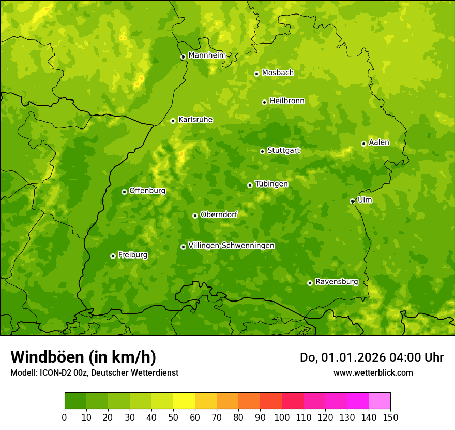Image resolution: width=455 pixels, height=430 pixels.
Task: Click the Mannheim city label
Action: [x=207, y=55]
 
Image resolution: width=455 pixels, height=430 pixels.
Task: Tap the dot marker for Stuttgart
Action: [x=262, y=151]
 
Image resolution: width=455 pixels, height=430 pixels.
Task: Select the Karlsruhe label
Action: [x=195, y=120]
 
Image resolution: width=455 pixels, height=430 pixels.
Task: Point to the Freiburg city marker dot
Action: [x=113, y=256]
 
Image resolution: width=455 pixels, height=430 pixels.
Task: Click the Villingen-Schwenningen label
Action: [x=231, y=246]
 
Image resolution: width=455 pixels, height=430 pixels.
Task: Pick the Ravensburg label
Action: [x=337, y=282]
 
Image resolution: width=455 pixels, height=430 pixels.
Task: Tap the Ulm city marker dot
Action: [x=352, y=201]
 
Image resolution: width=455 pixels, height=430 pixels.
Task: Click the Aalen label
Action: [x=379, y=142]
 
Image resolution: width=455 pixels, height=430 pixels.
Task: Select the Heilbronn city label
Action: [x=287, y=101]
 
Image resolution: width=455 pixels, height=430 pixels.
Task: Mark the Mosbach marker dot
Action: [x=256, y=74]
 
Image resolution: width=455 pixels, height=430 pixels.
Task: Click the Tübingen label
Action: [x=271, y=184]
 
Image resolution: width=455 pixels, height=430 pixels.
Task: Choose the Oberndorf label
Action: [x=219, y=214]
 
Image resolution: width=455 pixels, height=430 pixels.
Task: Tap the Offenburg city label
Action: [x=147, y=191]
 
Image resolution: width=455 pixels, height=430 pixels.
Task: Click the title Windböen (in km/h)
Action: [x=83, y=357]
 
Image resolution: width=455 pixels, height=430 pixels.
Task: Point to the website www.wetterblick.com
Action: [x=373, y=372]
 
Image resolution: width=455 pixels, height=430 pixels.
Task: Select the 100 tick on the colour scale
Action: [x=282, y=417]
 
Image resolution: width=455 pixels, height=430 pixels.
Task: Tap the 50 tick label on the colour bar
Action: [x=173, y=417]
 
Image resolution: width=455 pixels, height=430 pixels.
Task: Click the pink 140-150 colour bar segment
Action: [x=380, y=400]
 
